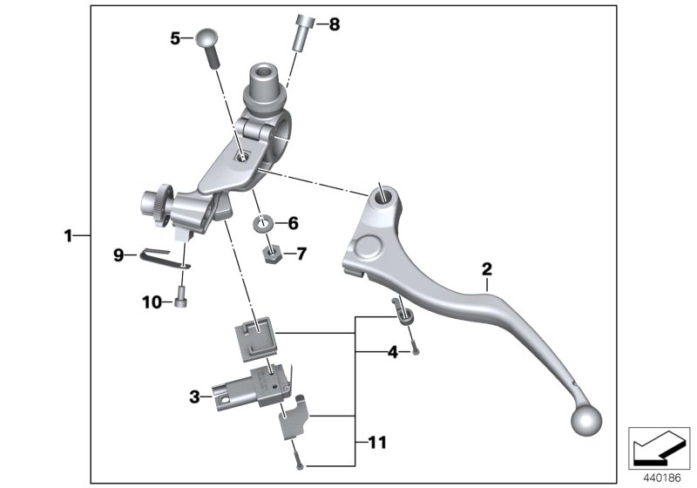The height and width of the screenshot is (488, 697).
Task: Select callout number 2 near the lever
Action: coord(487,268)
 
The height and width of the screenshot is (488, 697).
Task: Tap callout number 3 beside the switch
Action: coord(195,397)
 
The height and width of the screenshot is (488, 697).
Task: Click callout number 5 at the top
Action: coord(175,37)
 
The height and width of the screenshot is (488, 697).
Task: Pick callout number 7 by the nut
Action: coord(301,254)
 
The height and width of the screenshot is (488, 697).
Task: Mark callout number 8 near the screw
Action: coord(334,24)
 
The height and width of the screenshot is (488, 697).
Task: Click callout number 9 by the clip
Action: coord(118,254)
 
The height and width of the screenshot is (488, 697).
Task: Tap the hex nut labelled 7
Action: coord(271,254)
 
